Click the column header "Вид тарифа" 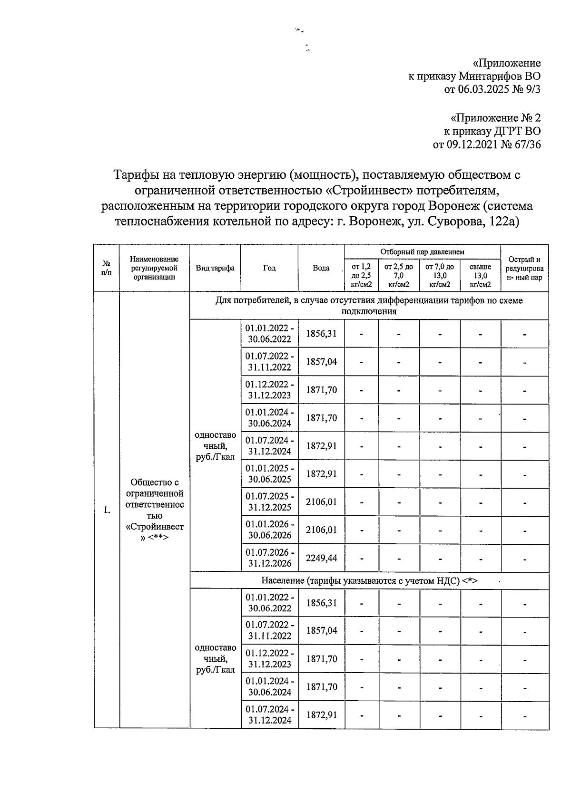(x=215, y=268)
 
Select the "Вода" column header (x=321, y=268)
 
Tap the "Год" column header (x=269, y=268)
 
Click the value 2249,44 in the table (x=321, y=558)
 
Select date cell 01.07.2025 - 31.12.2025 (x=269, y=502)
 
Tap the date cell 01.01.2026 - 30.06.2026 (x=269, y=530)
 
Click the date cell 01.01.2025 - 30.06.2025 (x=269, y=474)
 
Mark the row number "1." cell (x=107, y=511)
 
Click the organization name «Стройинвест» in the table (x=155, y=527)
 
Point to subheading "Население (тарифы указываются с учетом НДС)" (x=369, y=581)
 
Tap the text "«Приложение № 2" (x=495, y=117)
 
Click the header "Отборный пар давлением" (x=422, y=252)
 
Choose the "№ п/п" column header (x=107, y=268)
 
